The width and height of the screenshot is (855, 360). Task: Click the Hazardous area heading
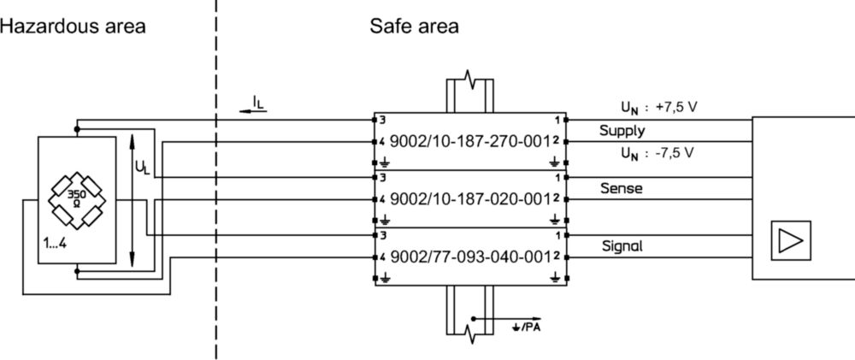tap(73, 27)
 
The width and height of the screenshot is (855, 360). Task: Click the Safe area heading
tap(414, 27)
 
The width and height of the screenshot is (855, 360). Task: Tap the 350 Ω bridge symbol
tap(77, 199)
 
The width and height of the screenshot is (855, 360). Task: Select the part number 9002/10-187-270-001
tap(469, 142)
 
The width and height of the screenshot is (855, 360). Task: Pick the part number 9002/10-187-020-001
tap(469, 199)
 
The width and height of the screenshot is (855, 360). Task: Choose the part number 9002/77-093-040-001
tap(469, 257)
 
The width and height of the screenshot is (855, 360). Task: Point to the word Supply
tap(622, 132)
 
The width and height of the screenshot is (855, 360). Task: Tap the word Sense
tap(621, 189)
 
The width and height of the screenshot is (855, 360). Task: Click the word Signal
tap(622, 246)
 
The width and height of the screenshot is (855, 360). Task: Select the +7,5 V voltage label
tap(677, 107)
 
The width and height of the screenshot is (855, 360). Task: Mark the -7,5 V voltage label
tap(675, 153)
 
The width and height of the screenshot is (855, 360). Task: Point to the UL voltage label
tap(142, 167)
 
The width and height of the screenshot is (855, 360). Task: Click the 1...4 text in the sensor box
tap(55, 244)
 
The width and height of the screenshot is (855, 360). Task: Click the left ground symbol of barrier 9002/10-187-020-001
tap(386, 220)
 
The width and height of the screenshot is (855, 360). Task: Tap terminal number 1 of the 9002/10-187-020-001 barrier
tap(557, 178)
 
